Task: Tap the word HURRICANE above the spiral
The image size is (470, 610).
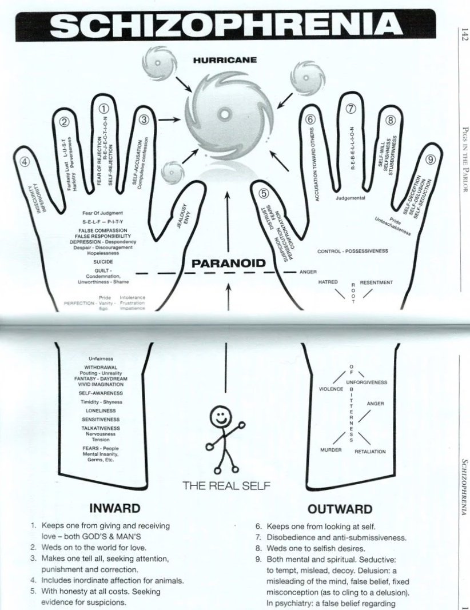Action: [224, 59]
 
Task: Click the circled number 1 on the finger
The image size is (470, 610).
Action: [104, 109]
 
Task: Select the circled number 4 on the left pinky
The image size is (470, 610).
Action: [25, 161]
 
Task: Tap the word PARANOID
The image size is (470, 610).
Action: [229, 264]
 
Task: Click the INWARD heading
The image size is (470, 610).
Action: [115, 508]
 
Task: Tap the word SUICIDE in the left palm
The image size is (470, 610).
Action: [103, 261]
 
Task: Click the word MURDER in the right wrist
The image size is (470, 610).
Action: [331, 450]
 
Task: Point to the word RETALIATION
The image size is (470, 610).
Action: [370, 452]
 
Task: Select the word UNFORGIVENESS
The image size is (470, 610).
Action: [367, 382]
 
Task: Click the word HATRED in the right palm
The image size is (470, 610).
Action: [328, 282]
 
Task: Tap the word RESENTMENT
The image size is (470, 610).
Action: [376, 282]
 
